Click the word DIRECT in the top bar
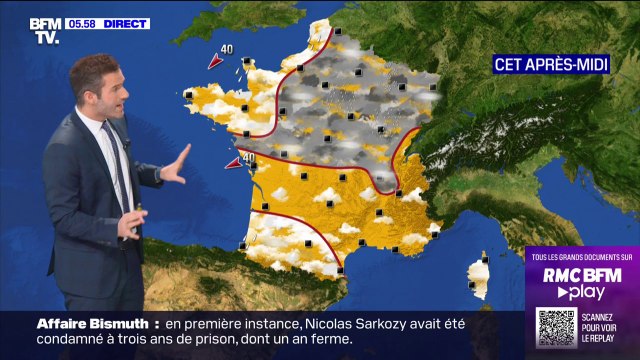tap(126, 23)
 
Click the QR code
tap(556, 327)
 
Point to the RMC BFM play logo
tap(582, 282)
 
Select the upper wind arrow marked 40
tap(214, 62)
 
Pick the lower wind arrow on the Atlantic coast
tap(232, 163)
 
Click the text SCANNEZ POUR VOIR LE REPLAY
tap(606, 327)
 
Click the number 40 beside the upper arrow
tap(227, 49)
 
